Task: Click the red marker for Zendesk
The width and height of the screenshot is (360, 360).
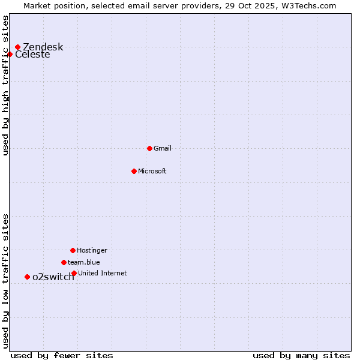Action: [17, 47]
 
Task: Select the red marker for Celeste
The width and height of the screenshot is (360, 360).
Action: [10, 54]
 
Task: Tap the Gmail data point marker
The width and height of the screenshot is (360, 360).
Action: [149, 148]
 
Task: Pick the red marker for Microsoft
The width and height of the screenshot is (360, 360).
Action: [134, 171]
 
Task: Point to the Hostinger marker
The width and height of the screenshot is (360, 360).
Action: [73, 250]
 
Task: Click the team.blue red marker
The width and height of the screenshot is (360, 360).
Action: [64, 262]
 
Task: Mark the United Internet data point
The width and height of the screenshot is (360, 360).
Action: [74, 273]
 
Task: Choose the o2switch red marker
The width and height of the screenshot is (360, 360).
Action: [27, 277]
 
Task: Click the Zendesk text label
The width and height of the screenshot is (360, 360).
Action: [43, 47]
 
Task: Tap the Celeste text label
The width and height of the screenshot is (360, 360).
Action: [32, 55]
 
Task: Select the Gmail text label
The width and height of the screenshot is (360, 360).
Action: [163, 148]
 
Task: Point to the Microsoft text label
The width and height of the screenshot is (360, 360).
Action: [152, 171]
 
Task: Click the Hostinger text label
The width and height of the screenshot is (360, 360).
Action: [92, 250]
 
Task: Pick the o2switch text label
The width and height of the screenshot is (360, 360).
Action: [53, 277]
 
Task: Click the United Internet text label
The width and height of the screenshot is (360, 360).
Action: [102, 273]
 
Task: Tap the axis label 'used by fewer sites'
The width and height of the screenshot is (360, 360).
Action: [62, 355]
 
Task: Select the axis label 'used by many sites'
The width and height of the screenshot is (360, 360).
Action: [301, 355]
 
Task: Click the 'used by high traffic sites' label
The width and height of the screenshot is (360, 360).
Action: [5, 85]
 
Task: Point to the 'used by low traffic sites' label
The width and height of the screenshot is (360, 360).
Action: [5, 281]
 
